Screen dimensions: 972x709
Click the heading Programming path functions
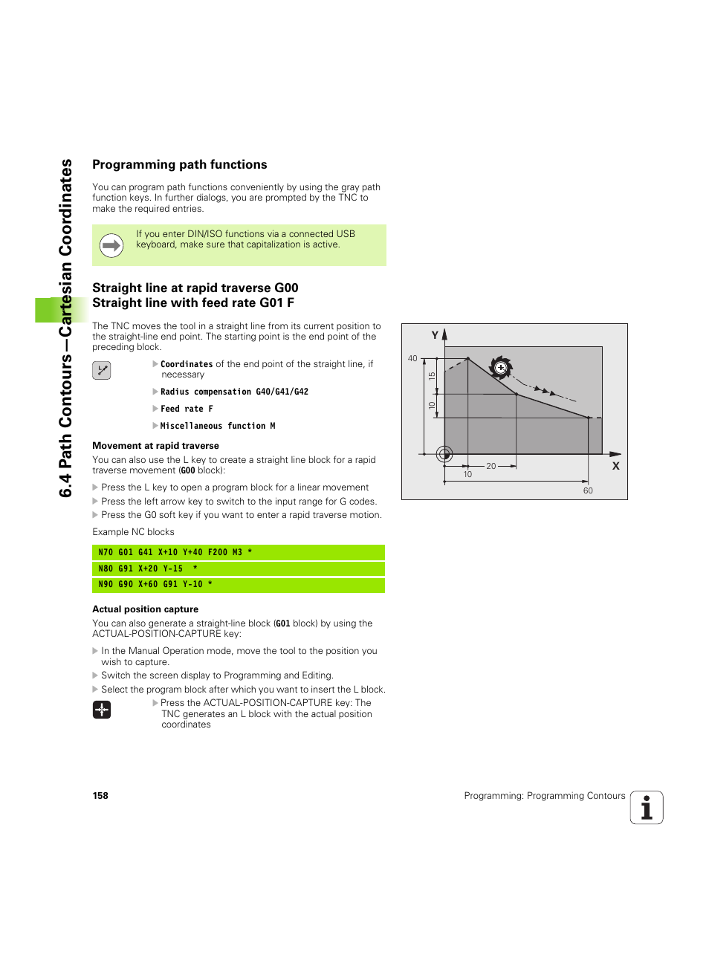point(179,165)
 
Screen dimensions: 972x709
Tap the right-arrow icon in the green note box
point(111,245)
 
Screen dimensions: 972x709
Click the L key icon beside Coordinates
point(102,370)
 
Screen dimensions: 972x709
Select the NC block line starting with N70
point(238,552)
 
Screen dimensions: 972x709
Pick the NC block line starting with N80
point(238,568)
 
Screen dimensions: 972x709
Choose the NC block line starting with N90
point(238,585)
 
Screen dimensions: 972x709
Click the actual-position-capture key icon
point(102,710)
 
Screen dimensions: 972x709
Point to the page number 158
point(100,796)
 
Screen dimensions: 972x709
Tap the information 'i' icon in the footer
point(647,808)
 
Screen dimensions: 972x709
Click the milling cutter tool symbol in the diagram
point(501,367)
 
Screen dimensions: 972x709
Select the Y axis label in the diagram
point(435,335)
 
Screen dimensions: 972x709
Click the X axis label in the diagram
point(615,466)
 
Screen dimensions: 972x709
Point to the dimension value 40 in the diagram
point(412,358)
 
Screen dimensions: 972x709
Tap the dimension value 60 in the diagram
point(588,490)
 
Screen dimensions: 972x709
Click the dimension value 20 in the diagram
point(491,466)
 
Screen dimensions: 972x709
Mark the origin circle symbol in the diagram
point(444,454)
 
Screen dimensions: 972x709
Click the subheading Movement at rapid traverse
point(155,446)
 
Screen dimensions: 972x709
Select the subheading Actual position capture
point(145,609)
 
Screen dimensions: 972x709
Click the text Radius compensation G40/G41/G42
point(234,392)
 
